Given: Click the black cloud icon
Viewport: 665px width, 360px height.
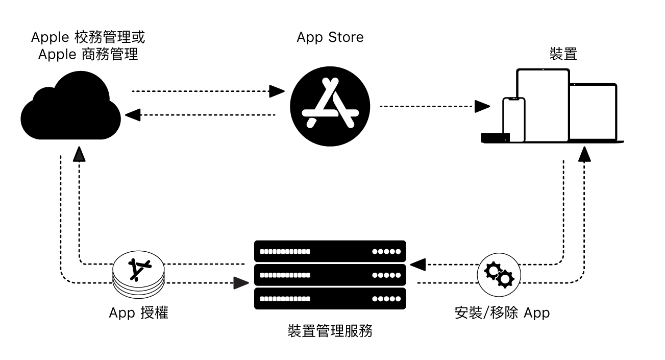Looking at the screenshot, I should [x=70, y=110].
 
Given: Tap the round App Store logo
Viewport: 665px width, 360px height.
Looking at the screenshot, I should [x=330, y=107].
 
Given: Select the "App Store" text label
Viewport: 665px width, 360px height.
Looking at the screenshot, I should [x=330, y=37].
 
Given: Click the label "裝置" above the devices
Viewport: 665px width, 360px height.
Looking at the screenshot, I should [x=563, y=54].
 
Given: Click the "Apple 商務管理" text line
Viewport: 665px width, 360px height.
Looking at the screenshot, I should [x=88, y=54].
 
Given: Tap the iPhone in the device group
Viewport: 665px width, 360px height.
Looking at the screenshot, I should [x=513, y=119].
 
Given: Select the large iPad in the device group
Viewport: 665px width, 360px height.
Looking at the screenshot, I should [x=543, y=105].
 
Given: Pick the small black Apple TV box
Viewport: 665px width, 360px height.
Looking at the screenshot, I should [x=495, y=137].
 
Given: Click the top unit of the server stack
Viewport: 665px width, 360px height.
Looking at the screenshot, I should [x=330, y=251].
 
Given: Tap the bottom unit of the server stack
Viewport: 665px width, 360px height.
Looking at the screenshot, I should [x=330, y=299].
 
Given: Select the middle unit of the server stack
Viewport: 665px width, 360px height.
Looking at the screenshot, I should [x=330, y=275].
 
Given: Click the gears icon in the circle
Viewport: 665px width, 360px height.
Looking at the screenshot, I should [x=498, y=275].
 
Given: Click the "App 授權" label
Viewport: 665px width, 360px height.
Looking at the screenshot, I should [x=138, y=313].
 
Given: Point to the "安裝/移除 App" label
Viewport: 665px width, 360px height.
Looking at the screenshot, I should [x=502, y=313].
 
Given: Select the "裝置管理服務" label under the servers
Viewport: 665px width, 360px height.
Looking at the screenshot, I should [x=330, y=331].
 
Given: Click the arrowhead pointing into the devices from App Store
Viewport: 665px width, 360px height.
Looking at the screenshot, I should [x=482, y=106].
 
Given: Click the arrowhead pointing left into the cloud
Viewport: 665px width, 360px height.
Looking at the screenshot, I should [x=133, y=115].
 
